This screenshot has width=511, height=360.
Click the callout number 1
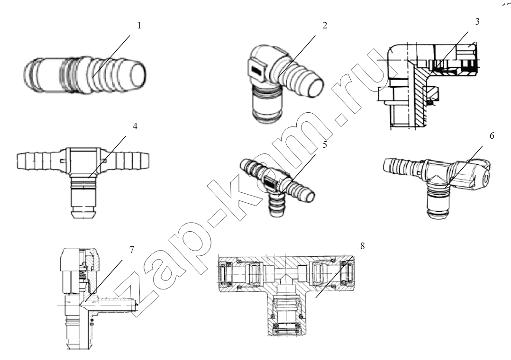click(139, 26)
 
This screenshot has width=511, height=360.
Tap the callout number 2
click(325, 26)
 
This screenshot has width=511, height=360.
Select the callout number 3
click(477, 21)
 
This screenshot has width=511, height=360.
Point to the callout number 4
click(135, 126)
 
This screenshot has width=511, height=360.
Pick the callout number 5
click(325, 144)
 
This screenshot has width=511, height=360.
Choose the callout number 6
click(492, 135)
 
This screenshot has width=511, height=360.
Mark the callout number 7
click(131, 250)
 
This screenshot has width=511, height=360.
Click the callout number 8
click(362, 246)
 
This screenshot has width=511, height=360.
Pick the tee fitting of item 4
click(83, 179)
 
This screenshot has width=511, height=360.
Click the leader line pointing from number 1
click(111, 56)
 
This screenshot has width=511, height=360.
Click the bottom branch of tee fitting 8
click(286, 313)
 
